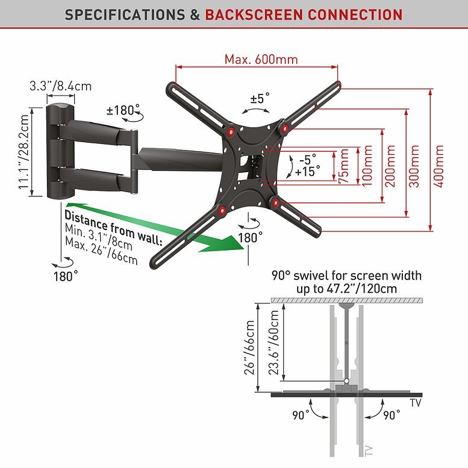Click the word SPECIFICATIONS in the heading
tap(125, 14)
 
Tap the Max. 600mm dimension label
tap(261, 60)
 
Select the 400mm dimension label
tap(438, 166)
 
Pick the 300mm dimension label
tap(414, 166)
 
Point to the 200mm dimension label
tap(390, 166)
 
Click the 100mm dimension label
tap(367, 166)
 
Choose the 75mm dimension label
tap(344, 166)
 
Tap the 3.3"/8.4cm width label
tap(61, 86)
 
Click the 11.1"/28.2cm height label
tap(24, 152)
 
